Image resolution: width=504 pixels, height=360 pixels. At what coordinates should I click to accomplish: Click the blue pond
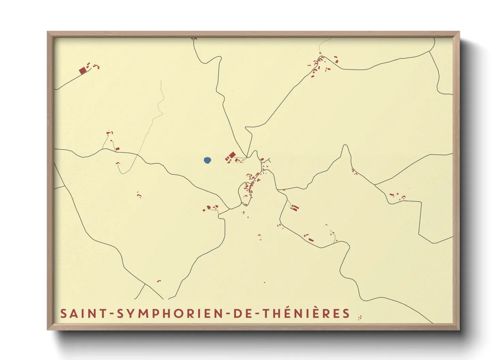point(207,160)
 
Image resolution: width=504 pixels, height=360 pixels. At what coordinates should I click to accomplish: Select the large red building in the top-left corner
point(82,71)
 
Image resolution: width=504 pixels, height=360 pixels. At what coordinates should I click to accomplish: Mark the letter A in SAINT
point(74,313)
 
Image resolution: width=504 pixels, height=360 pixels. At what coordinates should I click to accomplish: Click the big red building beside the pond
point(232,155)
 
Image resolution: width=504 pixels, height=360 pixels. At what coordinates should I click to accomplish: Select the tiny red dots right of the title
point(360,317)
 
